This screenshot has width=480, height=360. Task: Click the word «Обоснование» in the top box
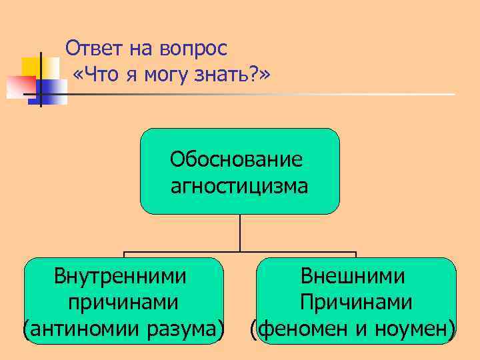click(x=236, y=160)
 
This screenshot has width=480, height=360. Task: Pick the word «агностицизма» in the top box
click(x=239, y=186)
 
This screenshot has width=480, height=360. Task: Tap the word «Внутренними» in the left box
click(x=120, y=275)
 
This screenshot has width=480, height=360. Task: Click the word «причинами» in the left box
click(x=123, y=302)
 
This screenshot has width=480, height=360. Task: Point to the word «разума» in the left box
click(x=183, y=329)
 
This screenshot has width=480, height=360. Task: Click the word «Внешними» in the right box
click(x=353, y=275)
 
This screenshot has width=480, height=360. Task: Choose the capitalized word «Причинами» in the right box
click(x=355, y=302)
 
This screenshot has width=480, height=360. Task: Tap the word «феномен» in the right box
click(x=299, y=329)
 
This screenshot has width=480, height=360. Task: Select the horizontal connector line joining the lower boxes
click(x=240, y=253)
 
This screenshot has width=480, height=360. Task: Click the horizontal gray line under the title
click(x=267, y=95)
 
